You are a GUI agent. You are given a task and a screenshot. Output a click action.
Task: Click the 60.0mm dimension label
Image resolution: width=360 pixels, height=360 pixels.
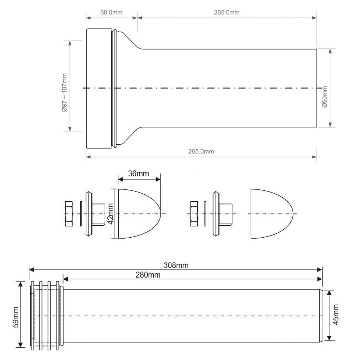pos(111,12)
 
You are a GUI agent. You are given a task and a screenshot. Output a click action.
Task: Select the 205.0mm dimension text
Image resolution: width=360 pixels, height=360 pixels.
pos(227,12)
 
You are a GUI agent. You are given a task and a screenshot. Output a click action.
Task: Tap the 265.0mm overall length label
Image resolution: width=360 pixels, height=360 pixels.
pos(201,151)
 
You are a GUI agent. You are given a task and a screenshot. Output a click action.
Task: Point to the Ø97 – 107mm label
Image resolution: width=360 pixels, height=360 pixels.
pos(64,93)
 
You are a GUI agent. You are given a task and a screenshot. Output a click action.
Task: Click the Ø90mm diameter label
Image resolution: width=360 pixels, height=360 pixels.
pos(325,96)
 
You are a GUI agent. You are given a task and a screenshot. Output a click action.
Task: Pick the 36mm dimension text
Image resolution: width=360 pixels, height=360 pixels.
pos(139,174)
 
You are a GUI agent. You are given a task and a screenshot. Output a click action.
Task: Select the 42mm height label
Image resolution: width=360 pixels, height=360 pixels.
pos(111,213)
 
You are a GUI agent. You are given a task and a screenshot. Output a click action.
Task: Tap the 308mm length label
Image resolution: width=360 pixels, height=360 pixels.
pos(176,265)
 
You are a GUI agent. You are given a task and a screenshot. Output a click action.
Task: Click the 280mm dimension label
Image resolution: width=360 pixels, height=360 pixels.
pos(148,275)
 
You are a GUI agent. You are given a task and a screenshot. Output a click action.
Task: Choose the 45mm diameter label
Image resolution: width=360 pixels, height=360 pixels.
pos(336,315)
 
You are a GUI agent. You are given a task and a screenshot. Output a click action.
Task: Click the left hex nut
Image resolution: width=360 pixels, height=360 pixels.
pos(69,214)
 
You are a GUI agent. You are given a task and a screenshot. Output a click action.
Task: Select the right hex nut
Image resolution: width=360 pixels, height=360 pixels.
pos(194,214)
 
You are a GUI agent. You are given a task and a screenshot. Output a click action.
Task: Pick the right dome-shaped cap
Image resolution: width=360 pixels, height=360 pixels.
pos(272,214)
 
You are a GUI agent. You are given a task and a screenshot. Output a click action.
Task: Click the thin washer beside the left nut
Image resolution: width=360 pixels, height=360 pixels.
pos(81,214)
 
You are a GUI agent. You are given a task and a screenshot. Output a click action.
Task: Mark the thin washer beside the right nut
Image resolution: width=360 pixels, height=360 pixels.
pos(205,214)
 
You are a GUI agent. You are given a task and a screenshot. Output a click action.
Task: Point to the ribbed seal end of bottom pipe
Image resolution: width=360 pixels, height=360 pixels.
pos(46,316)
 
